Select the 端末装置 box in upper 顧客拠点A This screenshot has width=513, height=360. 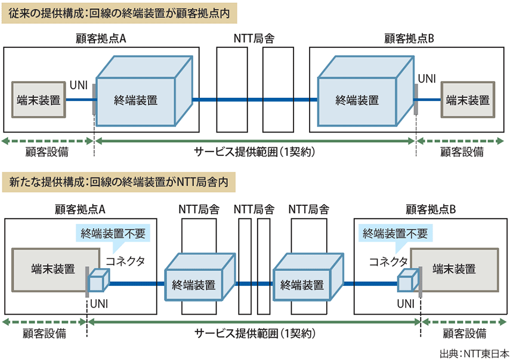coord(39,100)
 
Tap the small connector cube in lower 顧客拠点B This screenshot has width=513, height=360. coord(407,281)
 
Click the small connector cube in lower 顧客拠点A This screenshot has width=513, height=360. coord(99,281)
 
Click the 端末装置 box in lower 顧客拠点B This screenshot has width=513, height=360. coord(455,269)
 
